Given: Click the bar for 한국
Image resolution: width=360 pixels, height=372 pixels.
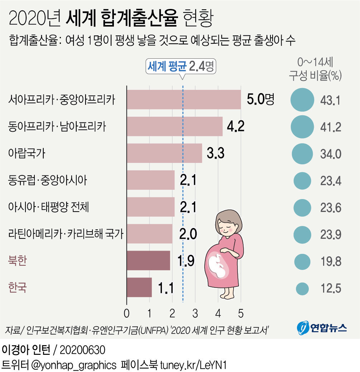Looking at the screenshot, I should (139, 288).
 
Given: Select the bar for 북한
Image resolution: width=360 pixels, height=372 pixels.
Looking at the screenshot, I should (148, 261).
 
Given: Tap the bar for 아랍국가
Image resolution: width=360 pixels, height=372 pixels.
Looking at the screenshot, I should (164, 153).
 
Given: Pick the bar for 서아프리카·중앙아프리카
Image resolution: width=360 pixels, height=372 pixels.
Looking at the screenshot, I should (184, 100).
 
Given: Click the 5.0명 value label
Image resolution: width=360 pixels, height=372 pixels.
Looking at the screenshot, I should (260, 100).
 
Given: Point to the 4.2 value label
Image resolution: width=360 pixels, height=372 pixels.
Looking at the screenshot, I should (236, 126).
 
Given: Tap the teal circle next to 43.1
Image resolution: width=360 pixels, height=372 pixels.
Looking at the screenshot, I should (302, 100).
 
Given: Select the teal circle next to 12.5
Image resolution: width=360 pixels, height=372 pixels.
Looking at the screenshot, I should (302, 288).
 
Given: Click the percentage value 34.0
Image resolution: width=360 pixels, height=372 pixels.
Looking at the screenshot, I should (331, 154).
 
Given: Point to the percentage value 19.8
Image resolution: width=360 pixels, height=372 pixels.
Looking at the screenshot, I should (331, 262).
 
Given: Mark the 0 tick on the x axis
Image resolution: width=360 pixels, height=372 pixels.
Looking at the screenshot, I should (126, 314).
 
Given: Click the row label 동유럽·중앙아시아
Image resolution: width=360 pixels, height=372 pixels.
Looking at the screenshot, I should (47, 180).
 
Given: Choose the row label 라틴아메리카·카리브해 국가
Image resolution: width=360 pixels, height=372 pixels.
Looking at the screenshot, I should (65, 234).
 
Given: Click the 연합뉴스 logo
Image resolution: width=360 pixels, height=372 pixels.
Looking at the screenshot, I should (321, 327).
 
